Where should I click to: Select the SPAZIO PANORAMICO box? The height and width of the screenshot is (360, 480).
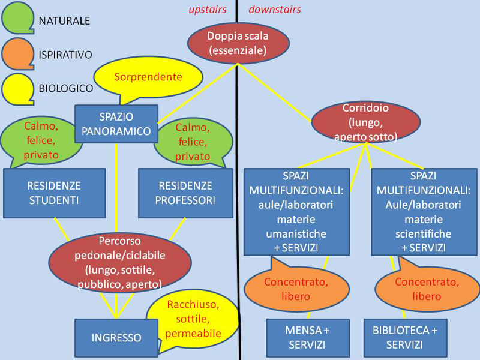click(x=116, y=123)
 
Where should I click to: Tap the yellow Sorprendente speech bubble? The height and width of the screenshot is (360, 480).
click(x=148, y=77)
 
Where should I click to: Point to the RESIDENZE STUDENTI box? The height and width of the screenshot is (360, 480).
click(x=54, y=193)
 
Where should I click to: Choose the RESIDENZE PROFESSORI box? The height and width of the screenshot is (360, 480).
click(x=185, y=193)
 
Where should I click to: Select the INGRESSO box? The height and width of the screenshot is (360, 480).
click(x=116, y=337)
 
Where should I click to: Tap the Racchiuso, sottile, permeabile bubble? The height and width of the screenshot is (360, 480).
click(x=193, y=319)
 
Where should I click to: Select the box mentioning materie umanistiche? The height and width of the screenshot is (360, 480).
click(x=296, y=212)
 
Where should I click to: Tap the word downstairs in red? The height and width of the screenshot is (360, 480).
click(x=274, y=10)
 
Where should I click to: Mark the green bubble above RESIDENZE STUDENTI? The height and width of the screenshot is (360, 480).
click(x=41, y=140)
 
